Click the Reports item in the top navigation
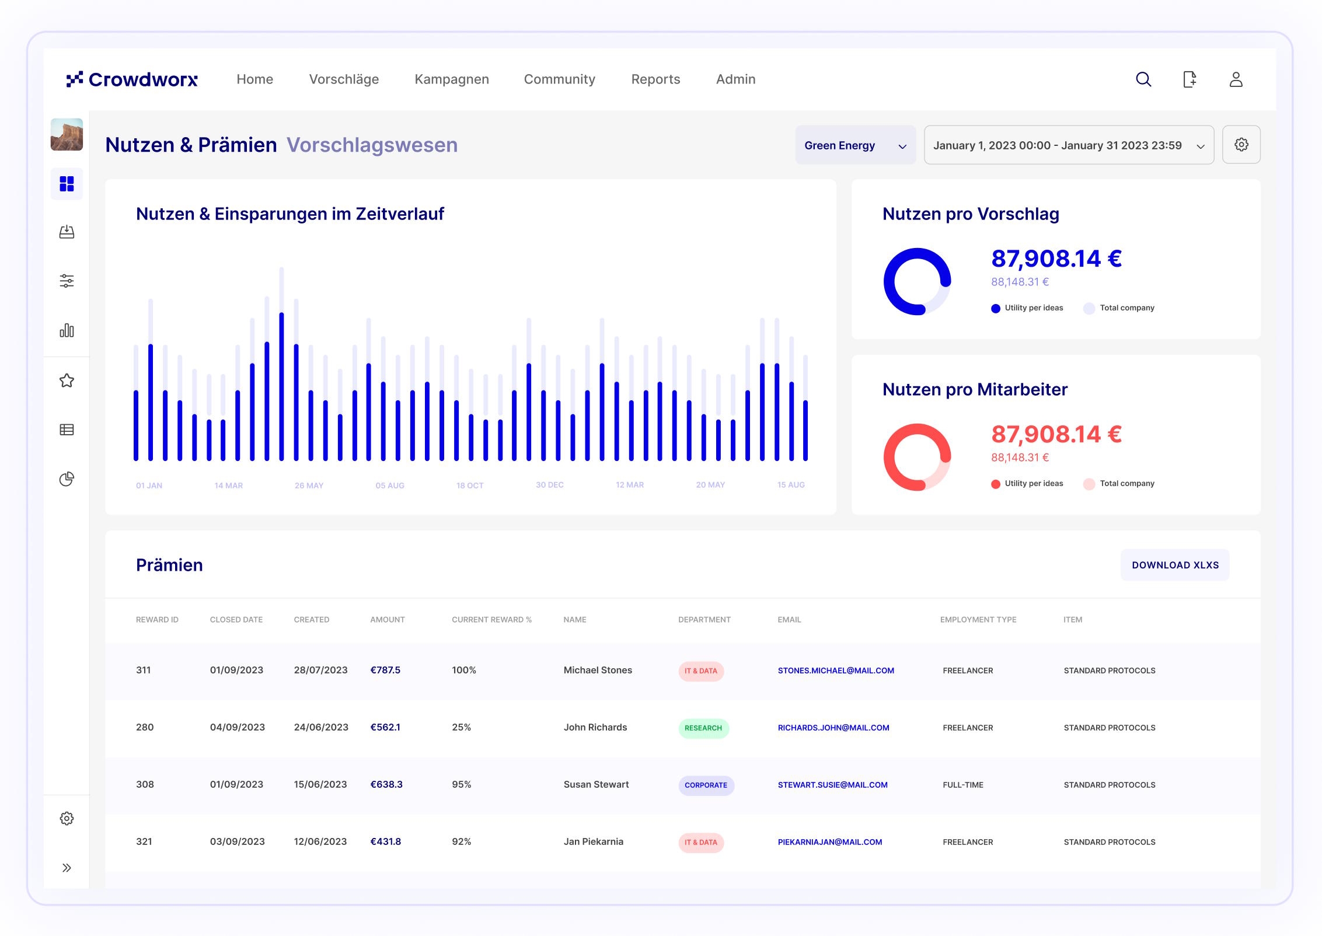[x=655, y=79]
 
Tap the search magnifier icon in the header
[x=1143, y=79]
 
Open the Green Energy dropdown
[x=855, y=145]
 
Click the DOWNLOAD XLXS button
[x=1175, y=565]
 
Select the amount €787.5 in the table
[x=385, y=670]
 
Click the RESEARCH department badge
[x=703, y=728]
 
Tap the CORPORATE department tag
[x=706, y=785]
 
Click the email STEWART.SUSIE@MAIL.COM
[x=832, y=785]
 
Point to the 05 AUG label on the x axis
[x=390, y=486]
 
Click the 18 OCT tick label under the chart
[x=470, y=486]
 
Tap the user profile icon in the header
[x=1236, y=79]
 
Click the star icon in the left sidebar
[x=67, y=380]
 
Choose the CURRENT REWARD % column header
[x=491, y=620]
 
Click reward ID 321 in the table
[x=144, y=841]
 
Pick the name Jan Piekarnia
[x=594, y=841]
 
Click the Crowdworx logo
[x=132, y=79]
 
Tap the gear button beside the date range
[x=1241, y=145]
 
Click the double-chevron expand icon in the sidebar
[x=67, y=868]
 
